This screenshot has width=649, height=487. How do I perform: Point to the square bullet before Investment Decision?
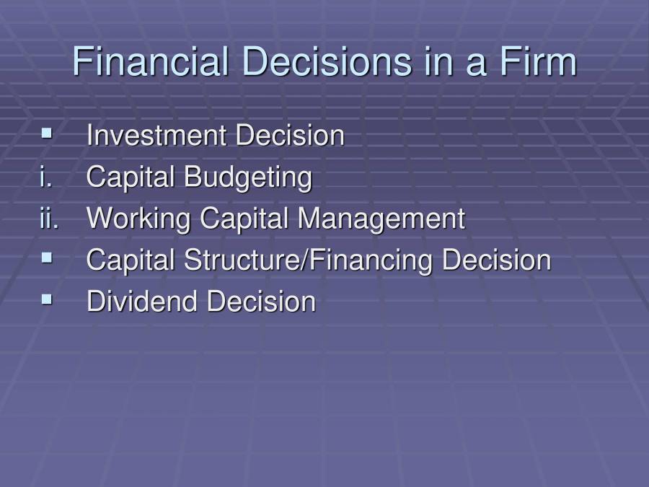(48, 133)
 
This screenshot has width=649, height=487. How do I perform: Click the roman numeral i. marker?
(46, 177)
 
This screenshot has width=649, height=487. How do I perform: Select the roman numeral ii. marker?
(49, 219)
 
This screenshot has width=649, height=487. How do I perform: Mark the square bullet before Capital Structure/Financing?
(48, 258)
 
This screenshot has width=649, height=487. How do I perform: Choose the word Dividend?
(143, 302)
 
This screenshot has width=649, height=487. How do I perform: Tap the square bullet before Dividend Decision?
(48, 299)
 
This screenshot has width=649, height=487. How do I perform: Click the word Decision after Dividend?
(261, 302)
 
